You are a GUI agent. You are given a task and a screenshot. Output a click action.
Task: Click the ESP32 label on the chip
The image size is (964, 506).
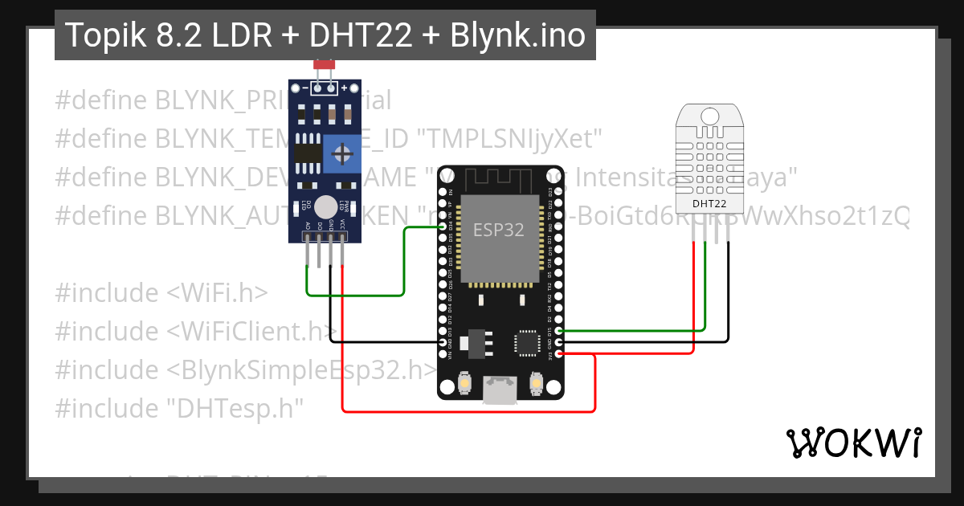498,230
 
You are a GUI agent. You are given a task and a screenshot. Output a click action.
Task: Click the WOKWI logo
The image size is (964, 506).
853,443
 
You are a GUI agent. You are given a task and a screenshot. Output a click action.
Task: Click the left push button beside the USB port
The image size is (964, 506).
464,386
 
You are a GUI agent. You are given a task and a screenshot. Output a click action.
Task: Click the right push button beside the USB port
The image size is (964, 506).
536,386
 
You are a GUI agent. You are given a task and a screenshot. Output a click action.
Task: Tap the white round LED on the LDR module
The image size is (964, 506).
325,206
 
